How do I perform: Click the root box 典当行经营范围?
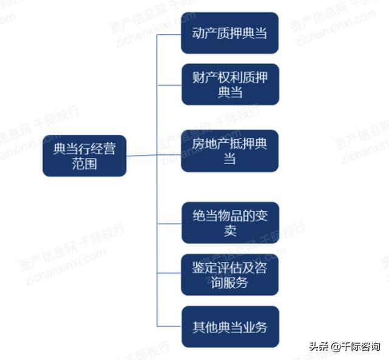coord(84,156)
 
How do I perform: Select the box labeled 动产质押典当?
coord(230,33)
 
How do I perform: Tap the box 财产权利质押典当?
coord(230,85)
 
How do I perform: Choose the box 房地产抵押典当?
coord(230,151)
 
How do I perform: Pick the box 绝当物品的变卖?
coord(230,223)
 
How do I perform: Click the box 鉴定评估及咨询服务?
coord(230,275)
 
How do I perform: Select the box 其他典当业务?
coord(230,327)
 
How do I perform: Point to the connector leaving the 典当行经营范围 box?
coord(142,156)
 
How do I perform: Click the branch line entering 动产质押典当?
coord(169,35)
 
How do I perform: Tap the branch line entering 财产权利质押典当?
coord(170,85)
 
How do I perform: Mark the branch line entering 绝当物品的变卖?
coord(170,224)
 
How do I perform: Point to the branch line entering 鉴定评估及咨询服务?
coord(169,273)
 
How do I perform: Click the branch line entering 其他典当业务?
coord(170,326)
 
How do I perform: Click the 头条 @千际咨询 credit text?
coord(345,347)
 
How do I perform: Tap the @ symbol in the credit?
coord(336,347)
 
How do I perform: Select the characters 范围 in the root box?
coord(84,164)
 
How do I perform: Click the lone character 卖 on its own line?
coord(230,230)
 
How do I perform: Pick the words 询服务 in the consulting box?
coord(230,283)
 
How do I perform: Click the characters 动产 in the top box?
coord(204,33)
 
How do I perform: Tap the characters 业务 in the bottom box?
coord(255,327)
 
